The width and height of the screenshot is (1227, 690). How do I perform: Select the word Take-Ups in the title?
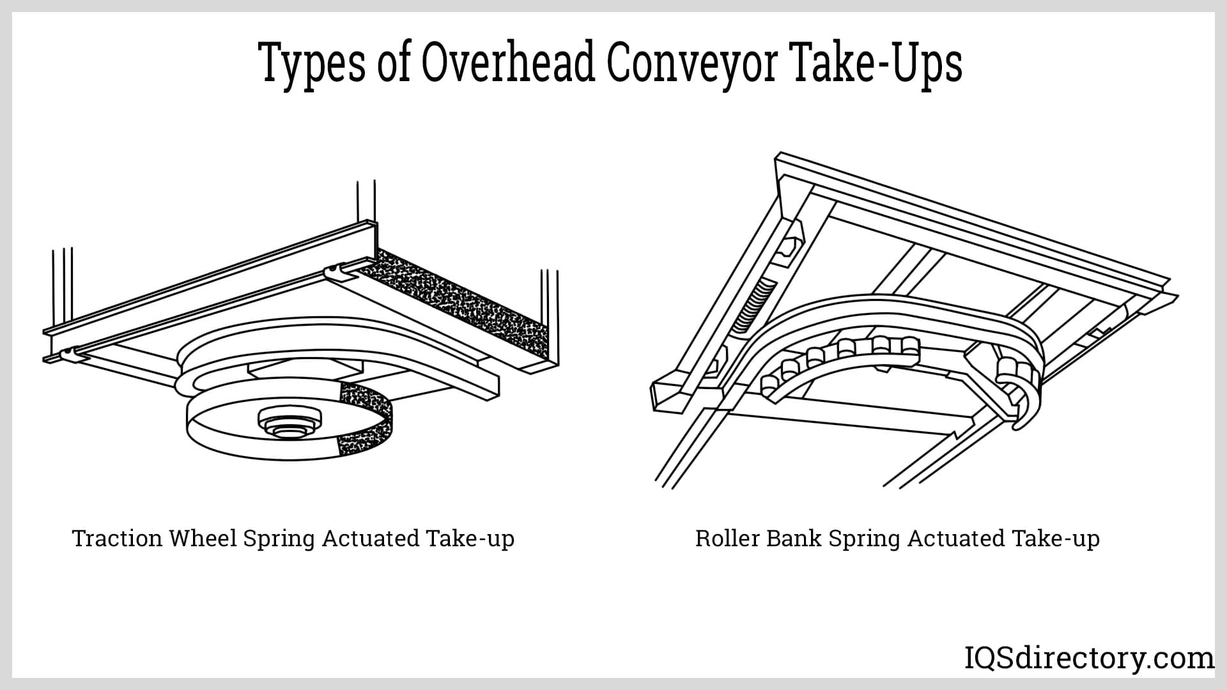[x=877, y=64]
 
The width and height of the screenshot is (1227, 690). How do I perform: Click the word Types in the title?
[x=313, y=64]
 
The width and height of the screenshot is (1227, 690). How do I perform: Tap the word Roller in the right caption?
[x=727, y=539]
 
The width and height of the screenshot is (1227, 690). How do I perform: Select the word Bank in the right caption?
[x=793, y=539]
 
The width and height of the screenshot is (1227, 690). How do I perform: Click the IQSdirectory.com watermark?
[x=1089, y=657]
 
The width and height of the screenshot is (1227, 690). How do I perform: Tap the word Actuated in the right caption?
[x=956, y=539]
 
